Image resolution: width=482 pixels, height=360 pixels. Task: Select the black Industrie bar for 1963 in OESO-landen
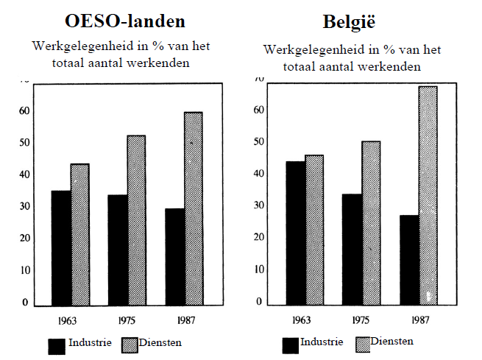61,248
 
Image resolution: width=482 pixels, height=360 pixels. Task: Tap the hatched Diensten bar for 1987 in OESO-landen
194,208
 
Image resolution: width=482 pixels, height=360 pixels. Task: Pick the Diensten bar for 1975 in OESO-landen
136,220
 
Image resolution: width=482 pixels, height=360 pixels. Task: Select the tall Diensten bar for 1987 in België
428,195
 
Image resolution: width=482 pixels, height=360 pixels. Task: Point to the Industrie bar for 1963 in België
295,233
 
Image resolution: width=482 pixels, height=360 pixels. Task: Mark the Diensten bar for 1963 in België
313,230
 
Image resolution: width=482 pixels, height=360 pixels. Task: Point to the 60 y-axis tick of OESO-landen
24,111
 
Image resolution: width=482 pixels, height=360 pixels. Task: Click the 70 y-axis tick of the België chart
258,79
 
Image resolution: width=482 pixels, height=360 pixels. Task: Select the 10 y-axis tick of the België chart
258,269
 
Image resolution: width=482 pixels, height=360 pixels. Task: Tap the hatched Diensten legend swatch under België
362,344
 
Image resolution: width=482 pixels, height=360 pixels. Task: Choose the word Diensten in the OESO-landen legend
161,343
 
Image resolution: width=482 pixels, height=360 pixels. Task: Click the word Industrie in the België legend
322,342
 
